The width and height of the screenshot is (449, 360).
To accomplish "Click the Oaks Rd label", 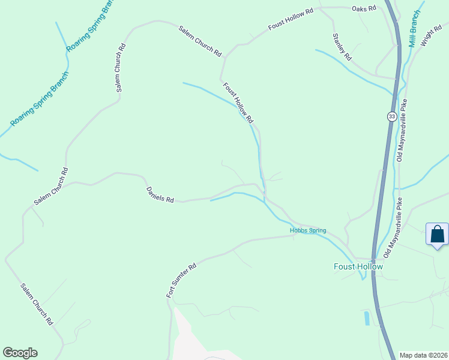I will coord(364,8).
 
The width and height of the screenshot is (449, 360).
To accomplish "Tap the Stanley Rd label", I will coord(342,46).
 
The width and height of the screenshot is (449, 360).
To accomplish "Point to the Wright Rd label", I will coord(431,37).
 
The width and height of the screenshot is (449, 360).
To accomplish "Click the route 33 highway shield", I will coord(391,116).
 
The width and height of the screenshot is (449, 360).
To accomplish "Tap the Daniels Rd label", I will coord(160,194).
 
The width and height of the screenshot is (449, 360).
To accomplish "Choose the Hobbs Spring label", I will coord(307,230).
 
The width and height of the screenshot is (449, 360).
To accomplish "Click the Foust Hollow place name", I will coord(358,266).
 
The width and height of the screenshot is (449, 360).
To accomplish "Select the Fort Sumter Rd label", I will coord(181,281).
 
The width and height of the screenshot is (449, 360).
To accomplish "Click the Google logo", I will coord(20,353).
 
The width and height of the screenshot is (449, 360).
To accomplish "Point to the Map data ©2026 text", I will coord(423,355).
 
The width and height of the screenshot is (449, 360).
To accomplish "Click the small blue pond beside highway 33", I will coord(367,317).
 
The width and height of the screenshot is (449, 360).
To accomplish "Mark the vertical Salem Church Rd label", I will coord(120,67).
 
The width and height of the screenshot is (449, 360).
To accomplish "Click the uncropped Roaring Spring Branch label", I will coord(40,99).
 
